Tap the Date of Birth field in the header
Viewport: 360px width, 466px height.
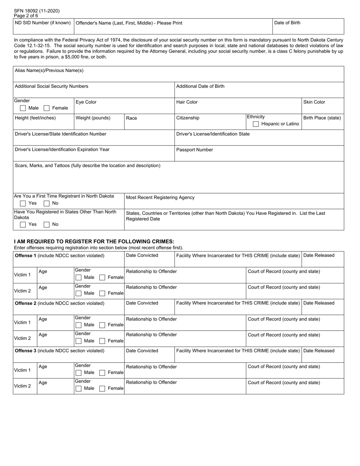(308, 27)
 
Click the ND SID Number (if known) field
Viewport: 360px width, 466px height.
(43, 27)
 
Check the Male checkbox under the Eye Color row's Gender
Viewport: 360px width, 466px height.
(23, 108)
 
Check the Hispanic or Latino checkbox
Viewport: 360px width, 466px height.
(256, 124)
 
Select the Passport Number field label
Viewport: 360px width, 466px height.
(194, 150)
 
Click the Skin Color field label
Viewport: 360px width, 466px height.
(314, 102)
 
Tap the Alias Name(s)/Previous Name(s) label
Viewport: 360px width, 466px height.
(49, 70)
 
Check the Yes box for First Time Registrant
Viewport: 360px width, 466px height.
(23, 203)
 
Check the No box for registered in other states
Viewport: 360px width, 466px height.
(47, 225)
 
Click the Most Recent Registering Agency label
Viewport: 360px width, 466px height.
(160, 197)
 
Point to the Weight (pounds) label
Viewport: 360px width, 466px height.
(93, 118)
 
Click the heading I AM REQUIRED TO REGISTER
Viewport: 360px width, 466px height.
(94, 241)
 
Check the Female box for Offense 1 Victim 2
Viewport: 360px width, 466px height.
(102, 293)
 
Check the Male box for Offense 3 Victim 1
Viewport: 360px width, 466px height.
(78, 373)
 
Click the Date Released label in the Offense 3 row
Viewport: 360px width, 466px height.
(319, 351)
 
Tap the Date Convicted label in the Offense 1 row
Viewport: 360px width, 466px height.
(142, 255)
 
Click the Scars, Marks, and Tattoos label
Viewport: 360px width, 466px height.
(87, 166)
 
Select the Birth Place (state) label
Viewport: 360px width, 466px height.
(322, 118)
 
